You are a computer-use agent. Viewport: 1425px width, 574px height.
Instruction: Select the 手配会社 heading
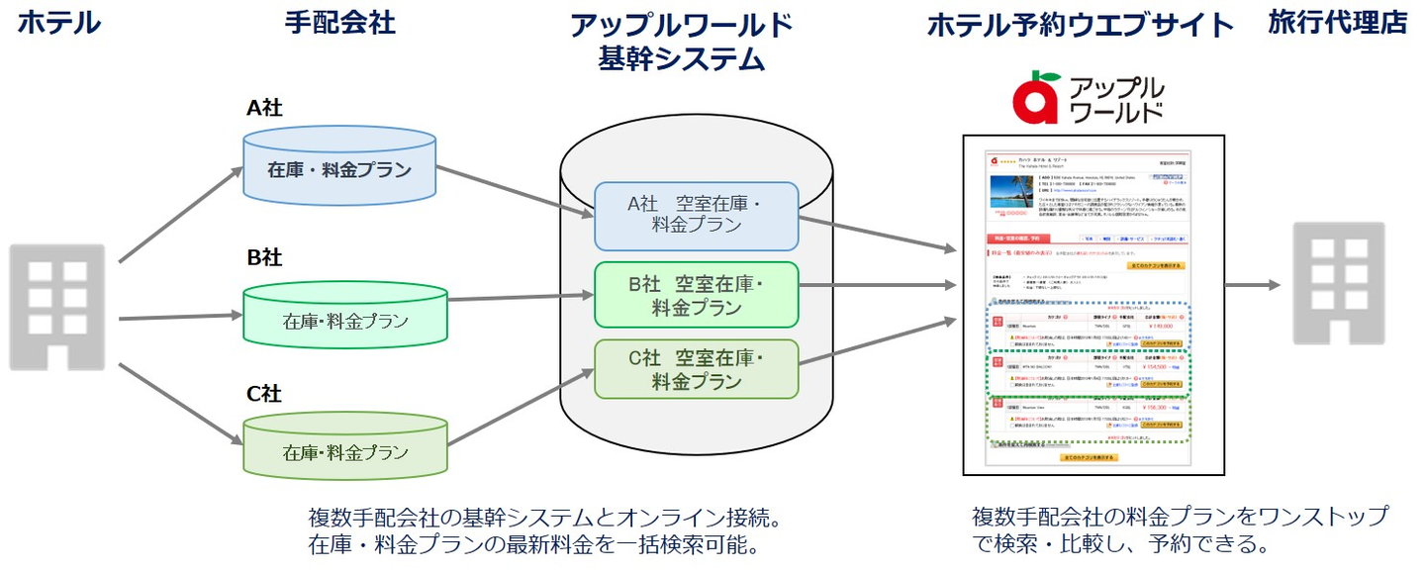click(x=339, y=24)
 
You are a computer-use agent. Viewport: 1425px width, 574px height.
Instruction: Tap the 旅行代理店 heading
click(x=1337, y=24)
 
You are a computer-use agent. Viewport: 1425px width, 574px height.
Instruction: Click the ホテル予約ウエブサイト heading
click(x=1081, y=26)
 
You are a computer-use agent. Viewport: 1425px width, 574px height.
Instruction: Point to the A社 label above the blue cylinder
click(x=264, y=108)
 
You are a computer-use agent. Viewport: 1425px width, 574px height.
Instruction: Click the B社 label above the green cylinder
click(x=264, y=258)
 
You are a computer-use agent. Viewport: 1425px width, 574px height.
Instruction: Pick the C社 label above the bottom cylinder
click(x=264, y=394)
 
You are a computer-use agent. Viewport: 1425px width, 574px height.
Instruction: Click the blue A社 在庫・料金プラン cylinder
click(x=339, y=169)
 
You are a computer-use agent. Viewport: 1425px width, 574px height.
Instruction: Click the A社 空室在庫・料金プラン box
click(x=696, y=215)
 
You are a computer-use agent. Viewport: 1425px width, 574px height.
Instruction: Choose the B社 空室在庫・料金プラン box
click(x=696, y=294)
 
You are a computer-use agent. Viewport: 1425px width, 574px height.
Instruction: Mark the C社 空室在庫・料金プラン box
click(x=696, y=368)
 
